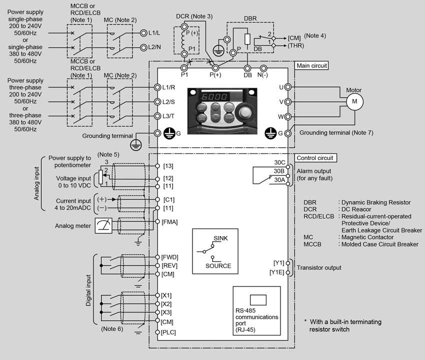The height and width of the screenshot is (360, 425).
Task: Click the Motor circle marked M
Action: click(354, 101)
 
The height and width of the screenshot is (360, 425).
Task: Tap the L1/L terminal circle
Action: click(143, 33)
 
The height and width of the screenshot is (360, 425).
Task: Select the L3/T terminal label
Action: click(168, 116)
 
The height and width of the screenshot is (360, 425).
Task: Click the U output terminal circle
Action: click(288, 87)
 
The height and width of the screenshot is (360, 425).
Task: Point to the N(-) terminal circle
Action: click(263, 68)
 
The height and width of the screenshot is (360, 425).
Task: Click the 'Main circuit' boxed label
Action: click(311, 65)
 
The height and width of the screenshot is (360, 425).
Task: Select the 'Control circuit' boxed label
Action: click(315, 158)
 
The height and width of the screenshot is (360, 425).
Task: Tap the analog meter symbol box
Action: click(103, 225)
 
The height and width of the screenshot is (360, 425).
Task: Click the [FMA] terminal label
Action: click(169, 222)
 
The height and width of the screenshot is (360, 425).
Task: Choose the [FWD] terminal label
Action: click(169, 257)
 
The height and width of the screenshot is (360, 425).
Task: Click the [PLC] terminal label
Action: click(168, 332)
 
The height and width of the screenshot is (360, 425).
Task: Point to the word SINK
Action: click(220, 238)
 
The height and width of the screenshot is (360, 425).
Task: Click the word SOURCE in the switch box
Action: click(218, 266)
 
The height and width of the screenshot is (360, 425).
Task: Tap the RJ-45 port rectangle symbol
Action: click(258, 300)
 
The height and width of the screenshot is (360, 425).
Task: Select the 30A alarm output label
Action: click(279, 179)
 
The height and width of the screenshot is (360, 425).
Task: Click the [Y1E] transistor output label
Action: click(276, 272)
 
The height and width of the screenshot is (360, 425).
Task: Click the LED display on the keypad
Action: click(214, 97)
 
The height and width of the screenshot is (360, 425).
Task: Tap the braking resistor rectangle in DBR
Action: click(247, 39)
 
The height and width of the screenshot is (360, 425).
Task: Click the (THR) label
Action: click(295, 45)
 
